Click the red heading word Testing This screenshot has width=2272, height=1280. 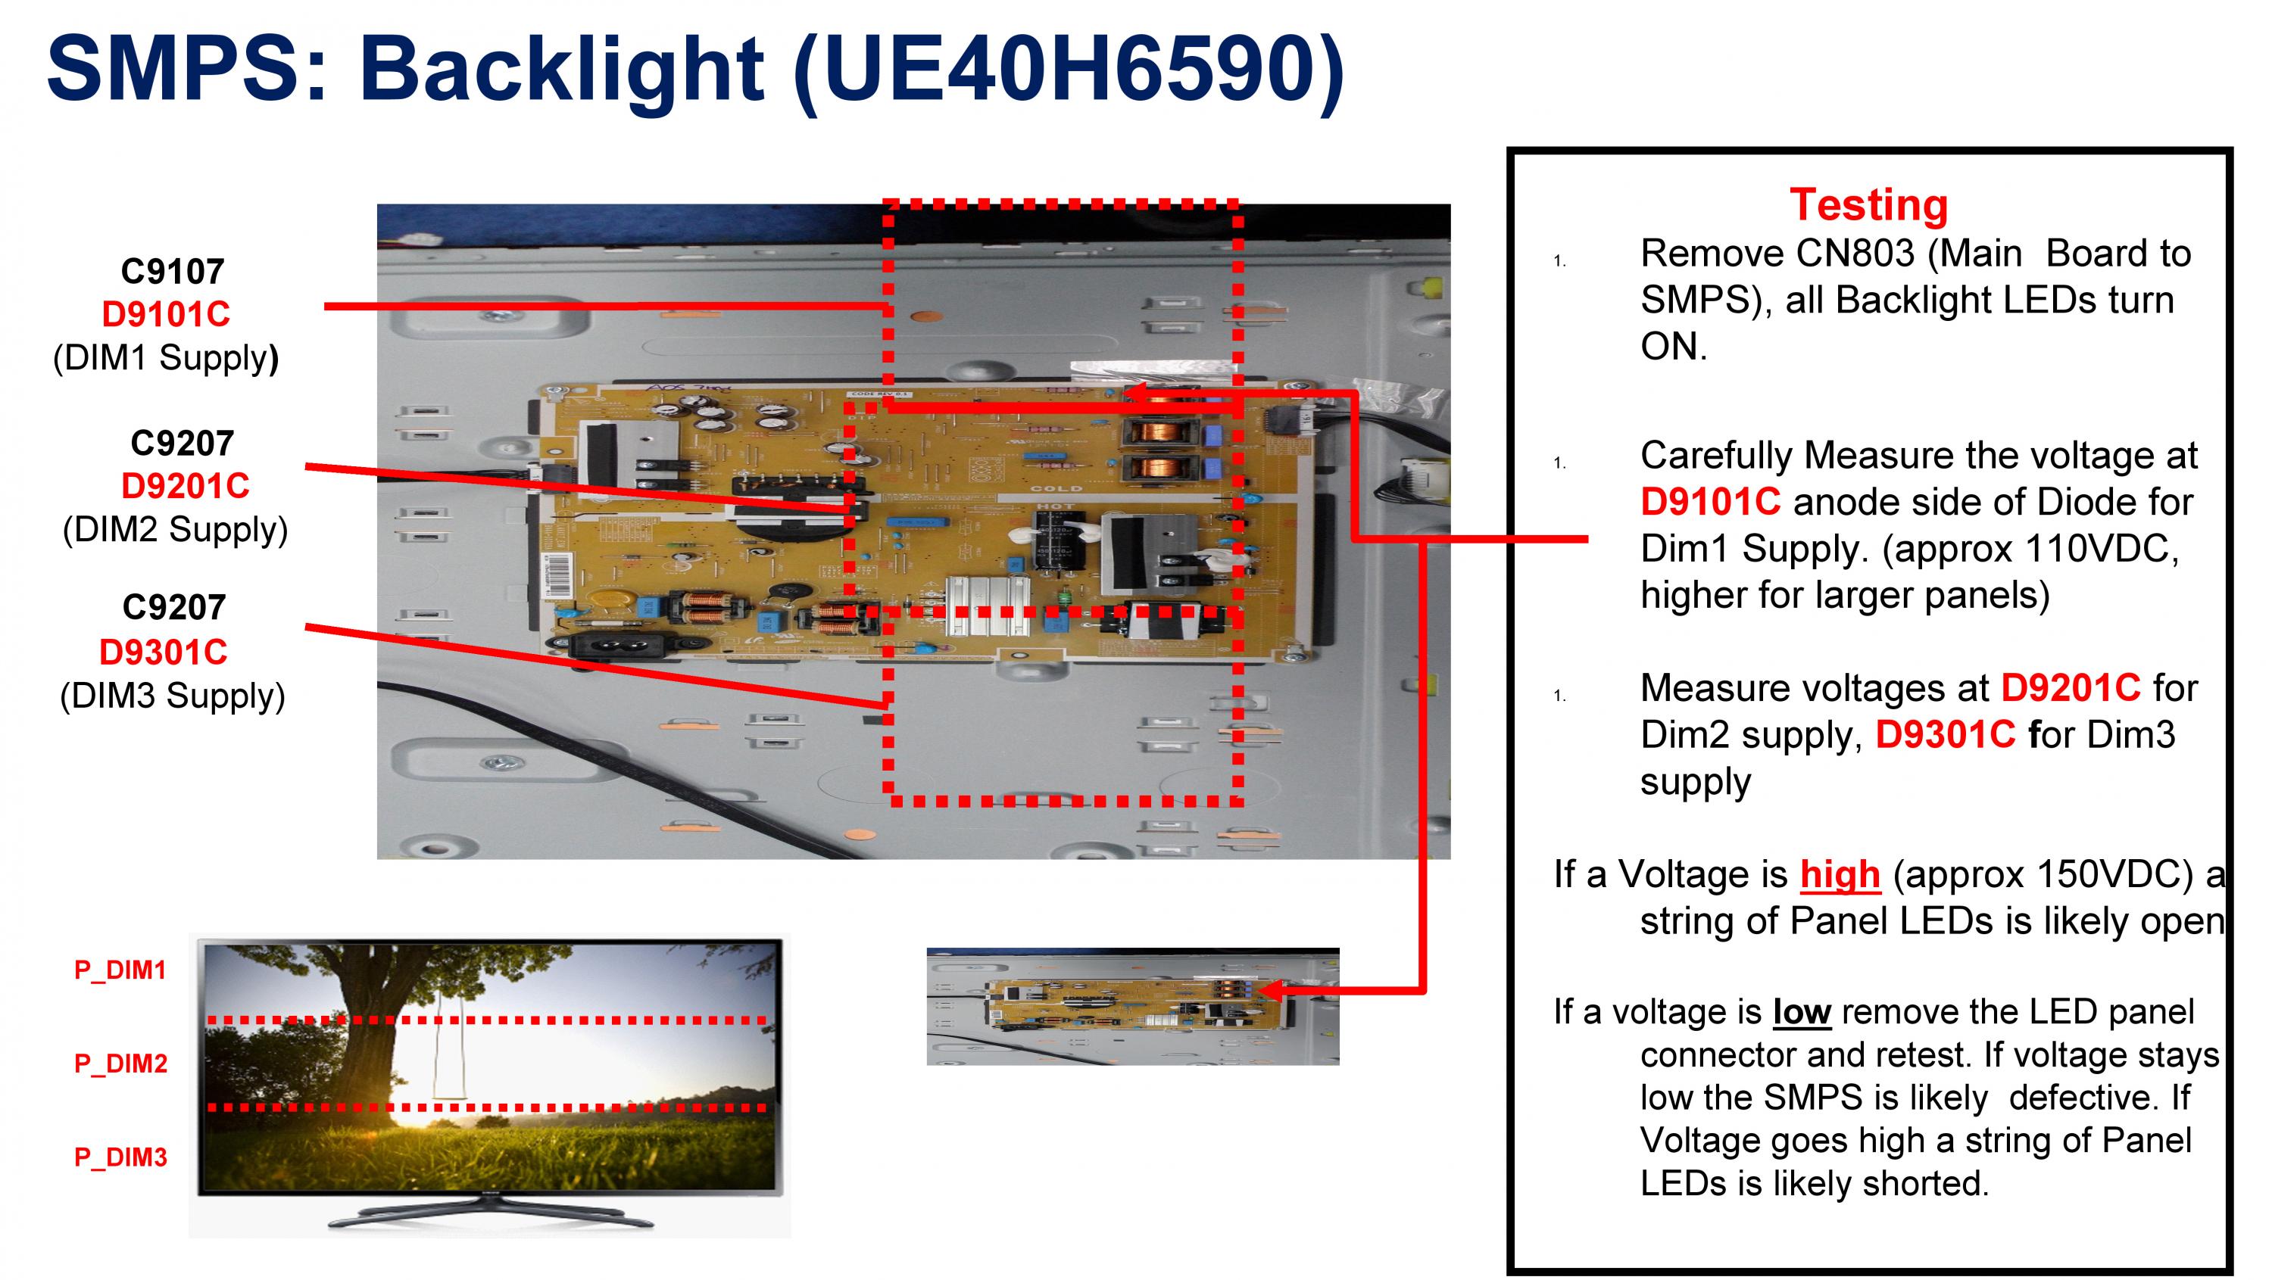click(1868, 205)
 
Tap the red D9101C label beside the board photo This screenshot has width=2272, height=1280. click(166, 314)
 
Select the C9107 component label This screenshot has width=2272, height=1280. click(172, 272)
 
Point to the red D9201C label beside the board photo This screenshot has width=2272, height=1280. click(186, 486)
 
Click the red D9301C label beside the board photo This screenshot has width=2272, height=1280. click(163, 652)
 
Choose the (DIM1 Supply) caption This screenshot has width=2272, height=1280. click(166, 358)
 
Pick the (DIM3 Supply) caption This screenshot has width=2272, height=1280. click(173, 696)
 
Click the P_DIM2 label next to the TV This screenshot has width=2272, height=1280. click(121, 1064)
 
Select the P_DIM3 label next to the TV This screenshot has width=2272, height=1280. click(121, 1157)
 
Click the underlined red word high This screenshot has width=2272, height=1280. click(1840, 874)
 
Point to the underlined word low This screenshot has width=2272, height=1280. click(1802, 1011)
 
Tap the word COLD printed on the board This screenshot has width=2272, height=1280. click(1056, 487)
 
